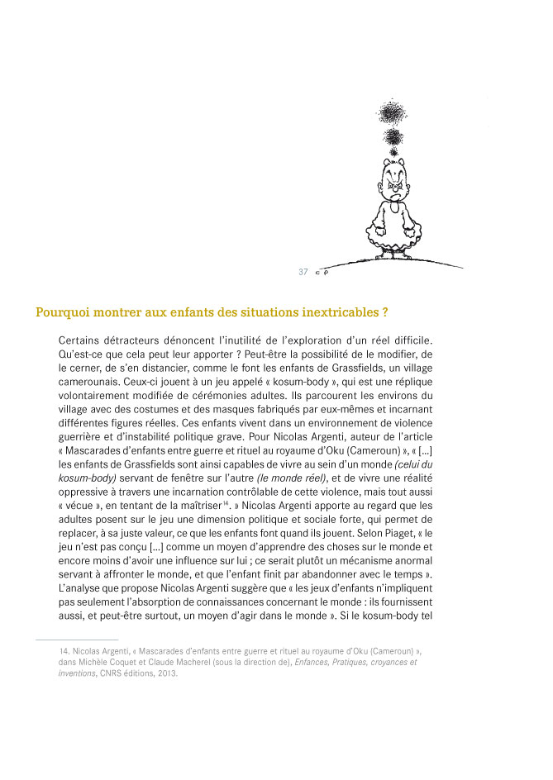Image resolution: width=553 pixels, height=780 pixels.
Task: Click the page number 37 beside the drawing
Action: [303, 272]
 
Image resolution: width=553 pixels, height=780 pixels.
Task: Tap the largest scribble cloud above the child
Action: [390, 112]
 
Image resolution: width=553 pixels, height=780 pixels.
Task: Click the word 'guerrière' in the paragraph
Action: [85, 435]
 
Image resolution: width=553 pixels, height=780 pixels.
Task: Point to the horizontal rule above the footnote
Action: [78, 639]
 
